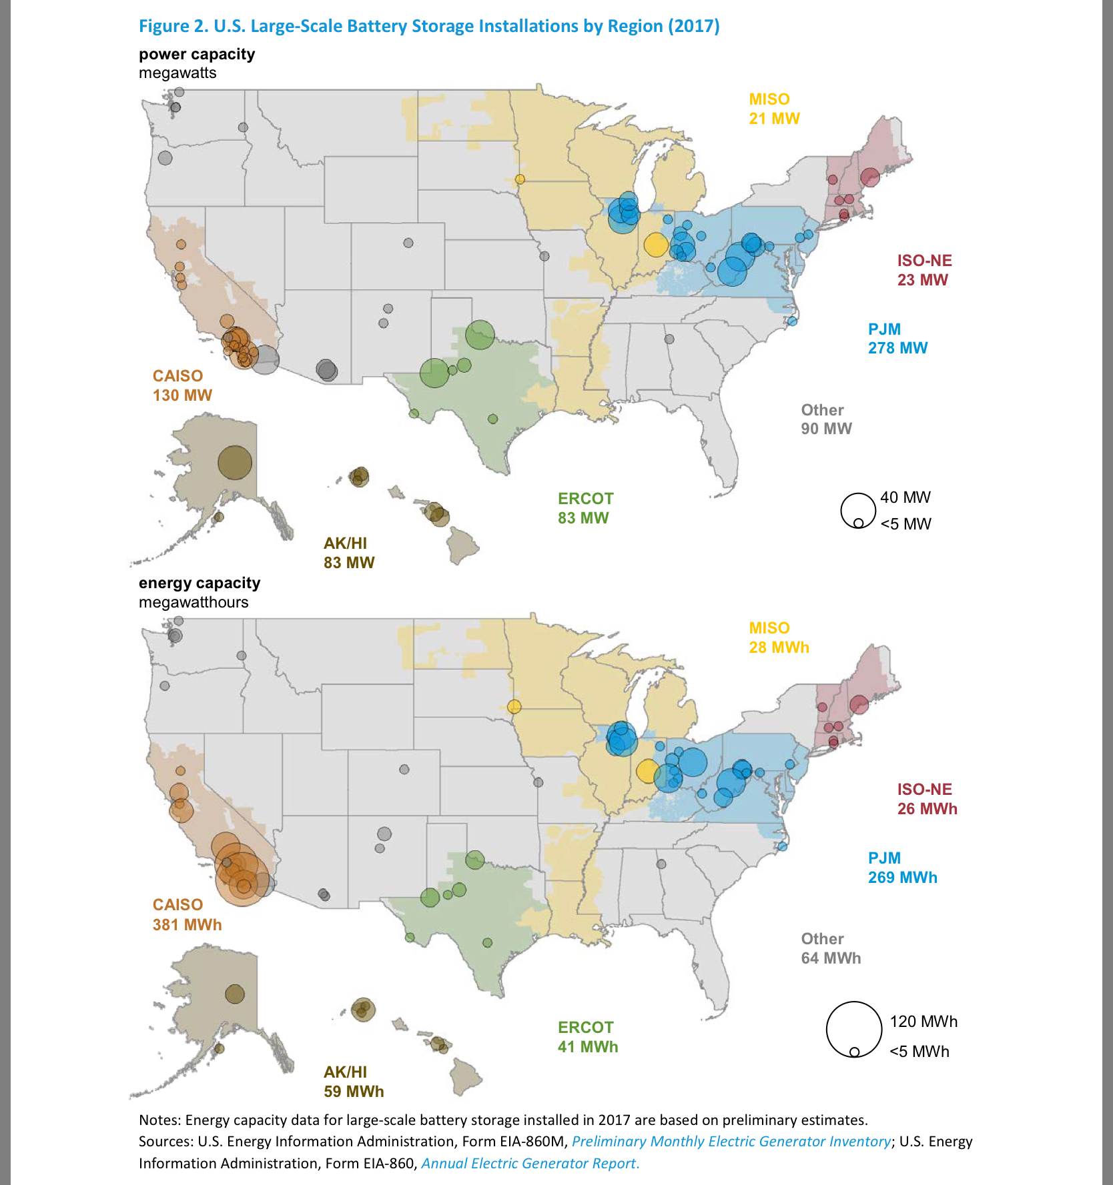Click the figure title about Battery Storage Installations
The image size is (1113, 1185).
(428, 26)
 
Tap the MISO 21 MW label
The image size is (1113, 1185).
(773, 109)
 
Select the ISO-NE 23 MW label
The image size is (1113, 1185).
(923, 270)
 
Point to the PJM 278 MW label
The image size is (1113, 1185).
(897, 338)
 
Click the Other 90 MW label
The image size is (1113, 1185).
(826, 419)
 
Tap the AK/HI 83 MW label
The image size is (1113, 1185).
(348, 553)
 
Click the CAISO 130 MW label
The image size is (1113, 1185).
(181, 385)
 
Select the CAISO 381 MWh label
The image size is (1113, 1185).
(186, 914)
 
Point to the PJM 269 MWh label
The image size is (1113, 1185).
(901, 868)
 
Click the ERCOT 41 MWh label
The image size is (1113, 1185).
(587, 1037)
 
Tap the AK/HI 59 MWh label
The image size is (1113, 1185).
(353, 1082)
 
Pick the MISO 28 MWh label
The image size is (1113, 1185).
(778, 638)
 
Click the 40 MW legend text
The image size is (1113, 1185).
(905, 497)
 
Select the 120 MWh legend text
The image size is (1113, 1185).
(923, 1022)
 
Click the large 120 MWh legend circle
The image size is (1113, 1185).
(854, 1029)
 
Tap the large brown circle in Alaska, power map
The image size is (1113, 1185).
(235, 462)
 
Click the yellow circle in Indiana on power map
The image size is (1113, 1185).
(656, 245)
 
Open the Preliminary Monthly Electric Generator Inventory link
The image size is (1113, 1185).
(731, 1141)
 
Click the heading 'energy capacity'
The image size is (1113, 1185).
(199, 583)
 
